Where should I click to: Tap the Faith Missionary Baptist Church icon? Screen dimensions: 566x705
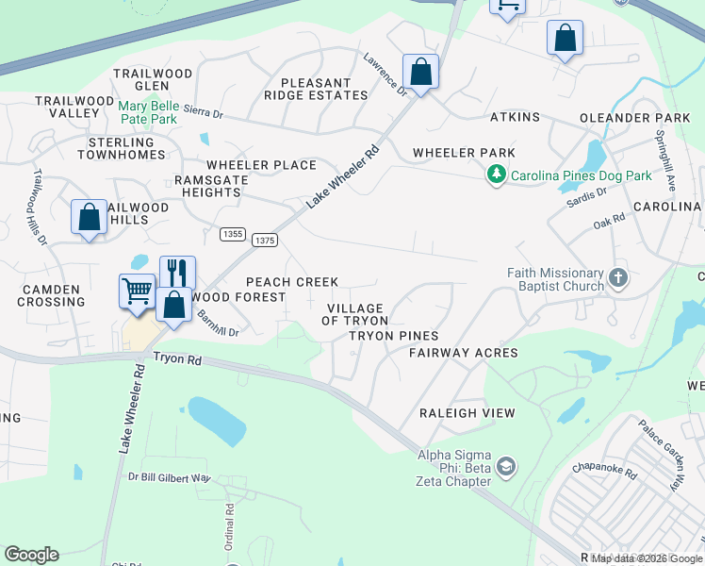point(618,277)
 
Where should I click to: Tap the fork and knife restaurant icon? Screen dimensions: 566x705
point(177,272)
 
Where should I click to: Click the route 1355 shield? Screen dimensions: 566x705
point(232,233)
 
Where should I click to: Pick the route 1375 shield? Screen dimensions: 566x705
point(265,241)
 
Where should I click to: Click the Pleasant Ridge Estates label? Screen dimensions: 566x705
point(316,89)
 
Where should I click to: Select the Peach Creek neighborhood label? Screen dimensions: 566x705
point(291,282)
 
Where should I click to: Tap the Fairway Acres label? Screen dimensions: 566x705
point(463,353)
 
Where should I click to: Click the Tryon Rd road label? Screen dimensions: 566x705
point(178,359)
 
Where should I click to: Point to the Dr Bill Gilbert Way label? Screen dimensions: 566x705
point(169,478)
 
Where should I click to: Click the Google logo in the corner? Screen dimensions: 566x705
point(31,555)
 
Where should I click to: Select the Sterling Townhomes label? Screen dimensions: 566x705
point(121,148)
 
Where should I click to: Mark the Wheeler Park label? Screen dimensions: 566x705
point(464,153)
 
